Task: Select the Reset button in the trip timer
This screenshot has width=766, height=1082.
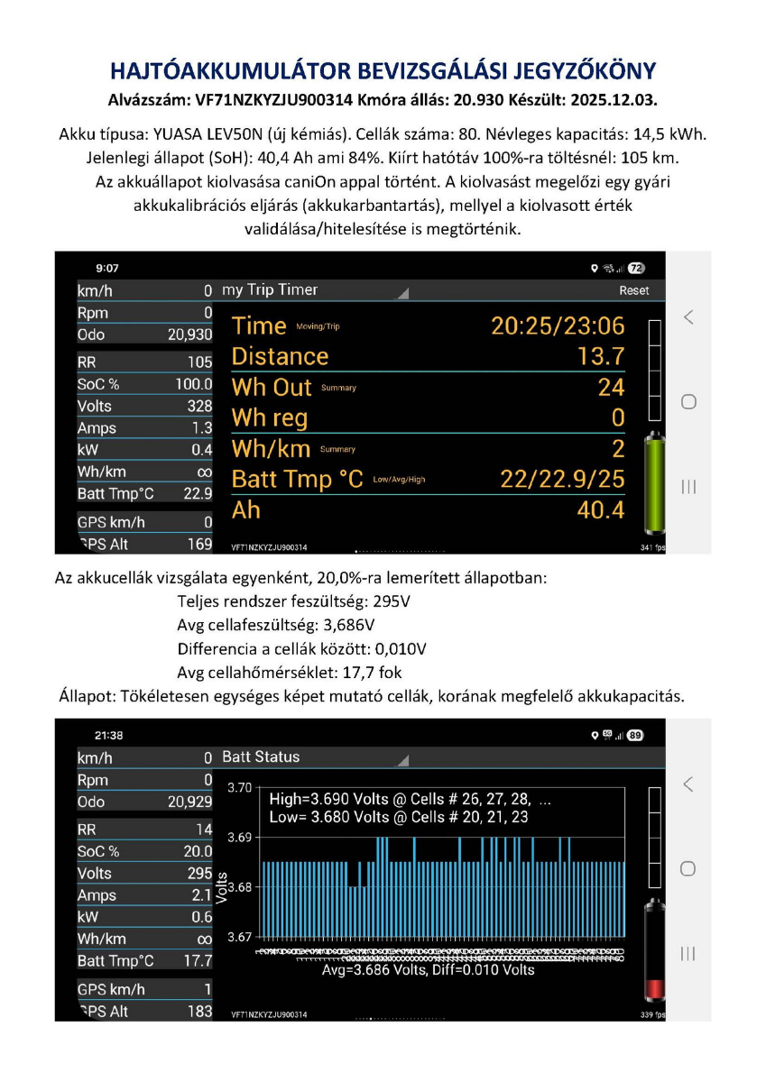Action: tap(633, 291)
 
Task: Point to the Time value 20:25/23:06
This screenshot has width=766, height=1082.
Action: tap(557, 326)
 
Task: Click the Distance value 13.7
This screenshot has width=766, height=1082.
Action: tap(601, 356)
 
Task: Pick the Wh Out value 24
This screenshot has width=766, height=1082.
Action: tap(611, 387)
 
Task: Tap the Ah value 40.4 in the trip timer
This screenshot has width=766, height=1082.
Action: tap(601, 511)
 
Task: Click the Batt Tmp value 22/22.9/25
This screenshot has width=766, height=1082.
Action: tap(562, 479)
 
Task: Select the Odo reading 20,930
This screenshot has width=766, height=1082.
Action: tap(189, 335)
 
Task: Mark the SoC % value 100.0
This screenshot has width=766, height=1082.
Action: tap(193, 384)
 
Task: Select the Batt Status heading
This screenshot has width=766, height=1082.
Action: tap(261, 756)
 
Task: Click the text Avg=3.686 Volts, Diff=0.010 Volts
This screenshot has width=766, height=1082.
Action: tap(428, 970)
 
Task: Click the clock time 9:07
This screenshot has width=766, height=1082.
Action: tap(107, 269)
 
